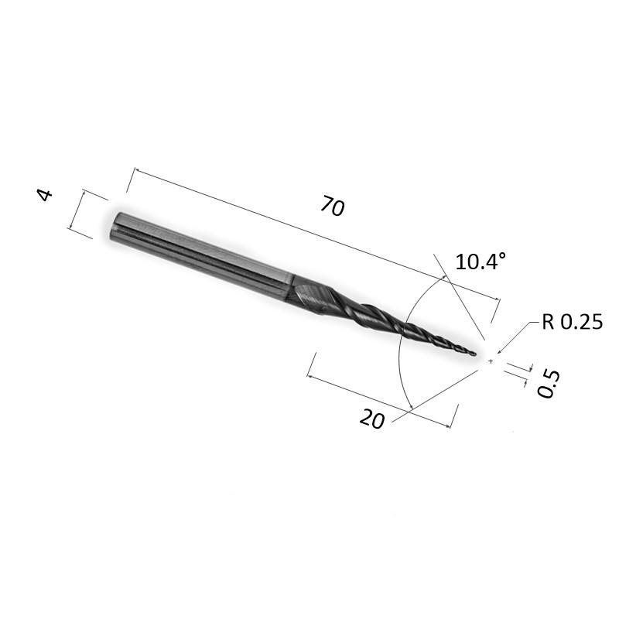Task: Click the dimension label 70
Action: pyautogui.click(x=333, y=206)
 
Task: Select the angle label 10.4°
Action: pyautogui.click(x=480, y=262)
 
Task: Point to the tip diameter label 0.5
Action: pyautogui.click(x=549, y=384)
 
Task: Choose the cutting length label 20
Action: pyautogui.click(x=372, y=419)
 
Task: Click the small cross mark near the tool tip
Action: pyautogui.click(x=491, y=361)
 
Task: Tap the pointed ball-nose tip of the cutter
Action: pyautogui.click(x=477, y=354)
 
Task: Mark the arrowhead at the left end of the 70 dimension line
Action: pyautogui.click(x=137, y=170)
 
